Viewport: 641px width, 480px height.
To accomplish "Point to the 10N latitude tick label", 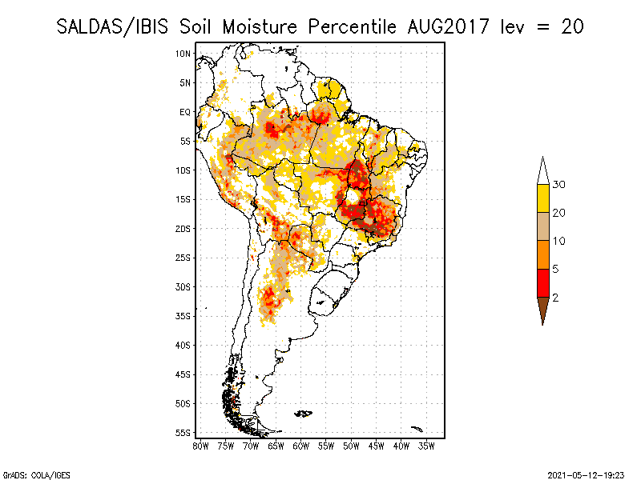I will (183, 54).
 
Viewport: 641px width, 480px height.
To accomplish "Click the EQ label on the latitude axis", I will (185, 112).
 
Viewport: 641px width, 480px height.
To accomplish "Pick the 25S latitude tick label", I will (183, 258).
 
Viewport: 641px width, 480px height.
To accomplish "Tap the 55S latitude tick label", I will (183, 433).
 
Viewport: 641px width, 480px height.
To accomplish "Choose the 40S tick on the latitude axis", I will (183, 345).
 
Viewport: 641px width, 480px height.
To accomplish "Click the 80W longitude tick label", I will (200, 446).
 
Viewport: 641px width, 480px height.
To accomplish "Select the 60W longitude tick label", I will (300, 446).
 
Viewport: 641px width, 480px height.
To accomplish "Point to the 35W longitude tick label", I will (426, 446).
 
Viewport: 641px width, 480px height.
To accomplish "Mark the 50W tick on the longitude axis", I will (351, 446).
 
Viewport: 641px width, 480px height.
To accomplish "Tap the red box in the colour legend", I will (542, 282).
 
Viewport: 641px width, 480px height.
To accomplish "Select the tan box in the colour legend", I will (542, 226).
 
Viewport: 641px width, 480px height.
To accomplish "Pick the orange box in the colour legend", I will (542, 254).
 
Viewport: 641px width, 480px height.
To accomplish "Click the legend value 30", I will (560, 185).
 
